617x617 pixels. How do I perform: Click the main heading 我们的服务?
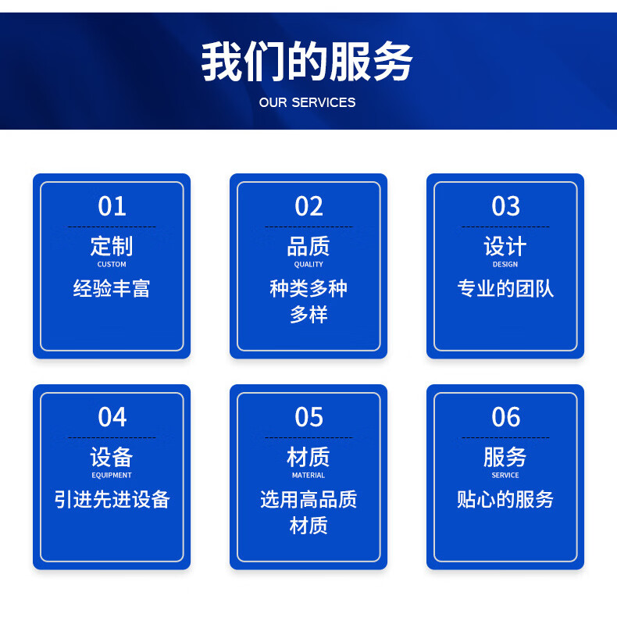307,62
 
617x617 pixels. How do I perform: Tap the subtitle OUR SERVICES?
307,102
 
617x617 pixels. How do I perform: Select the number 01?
112,206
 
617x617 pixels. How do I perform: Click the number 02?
309,206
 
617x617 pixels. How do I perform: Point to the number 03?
505,206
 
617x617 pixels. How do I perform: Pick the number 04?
112,417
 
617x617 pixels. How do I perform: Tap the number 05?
309,417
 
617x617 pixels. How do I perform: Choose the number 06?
505,417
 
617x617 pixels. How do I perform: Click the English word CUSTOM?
112,264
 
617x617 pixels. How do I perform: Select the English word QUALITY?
308,265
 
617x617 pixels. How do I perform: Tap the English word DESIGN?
505,264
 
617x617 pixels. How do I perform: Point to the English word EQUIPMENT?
112,476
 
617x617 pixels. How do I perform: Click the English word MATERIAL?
308,475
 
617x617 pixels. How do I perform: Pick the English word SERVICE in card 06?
505,475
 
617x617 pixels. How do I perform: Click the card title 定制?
112,246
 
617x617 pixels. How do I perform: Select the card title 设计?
505,246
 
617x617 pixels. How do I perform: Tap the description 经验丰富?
112,288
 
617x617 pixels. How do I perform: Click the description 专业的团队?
505,288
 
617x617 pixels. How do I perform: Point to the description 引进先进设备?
112,499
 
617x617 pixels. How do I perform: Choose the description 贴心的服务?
505,499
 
